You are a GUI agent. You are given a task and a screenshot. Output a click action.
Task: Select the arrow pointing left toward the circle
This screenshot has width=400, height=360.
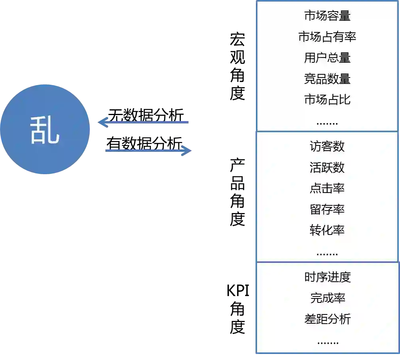(144, 121)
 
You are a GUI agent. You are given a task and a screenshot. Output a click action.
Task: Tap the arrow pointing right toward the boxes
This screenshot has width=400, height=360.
(150, 151)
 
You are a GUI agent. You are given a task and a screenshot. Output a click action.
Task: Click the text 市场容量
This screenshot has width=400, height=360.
(327, 16)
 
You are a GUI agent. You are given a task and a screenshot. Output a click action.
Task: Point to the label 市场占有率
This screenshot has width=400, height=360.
(327, 37)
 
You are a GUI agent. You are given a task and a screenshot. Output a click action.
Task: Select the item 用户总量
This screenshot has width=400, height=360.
(327, 58)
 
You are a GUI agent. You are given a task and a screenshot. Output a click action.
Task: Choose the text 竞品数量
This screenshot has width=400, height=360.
(327, 79)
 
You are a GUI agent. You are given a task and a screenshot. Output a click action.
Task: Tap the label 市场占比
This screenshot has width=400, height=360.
(327, 99)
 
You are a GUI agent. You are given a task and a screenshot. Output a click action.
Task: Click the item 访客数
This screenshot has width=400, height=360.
(327, 147)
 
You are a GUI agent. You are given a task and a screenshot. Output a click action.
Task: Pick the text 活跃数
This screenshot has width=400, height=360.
(327, 167)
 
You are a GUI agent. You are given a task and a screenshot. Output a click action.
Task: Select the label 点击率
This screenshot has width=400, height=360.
(327, 188)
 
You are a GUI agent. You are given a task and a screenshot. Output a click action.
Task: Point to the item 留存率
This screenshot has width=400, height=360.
(327, 209)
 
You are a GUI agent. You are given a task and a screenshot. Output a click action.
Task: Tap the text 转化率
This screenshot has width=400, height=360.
(327, 230)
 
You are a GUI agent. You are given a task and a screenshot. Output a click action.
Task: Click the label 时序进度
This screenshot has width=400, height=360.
(327, 277)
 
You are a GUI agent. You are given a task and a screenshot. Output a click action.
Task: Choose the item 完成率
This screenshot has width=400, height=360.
(327, 298)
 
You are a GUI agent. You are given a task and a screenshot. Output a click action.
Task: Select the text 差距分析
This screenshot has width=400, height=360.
(327, 319)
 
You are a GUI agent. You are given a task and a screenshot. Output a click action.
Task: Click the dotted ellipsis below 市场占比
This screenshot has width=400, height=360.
(327, 123)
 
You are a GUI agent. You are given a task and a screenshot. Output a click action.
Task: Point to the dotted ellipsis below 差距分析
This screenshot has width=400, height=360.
(328, 342)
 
